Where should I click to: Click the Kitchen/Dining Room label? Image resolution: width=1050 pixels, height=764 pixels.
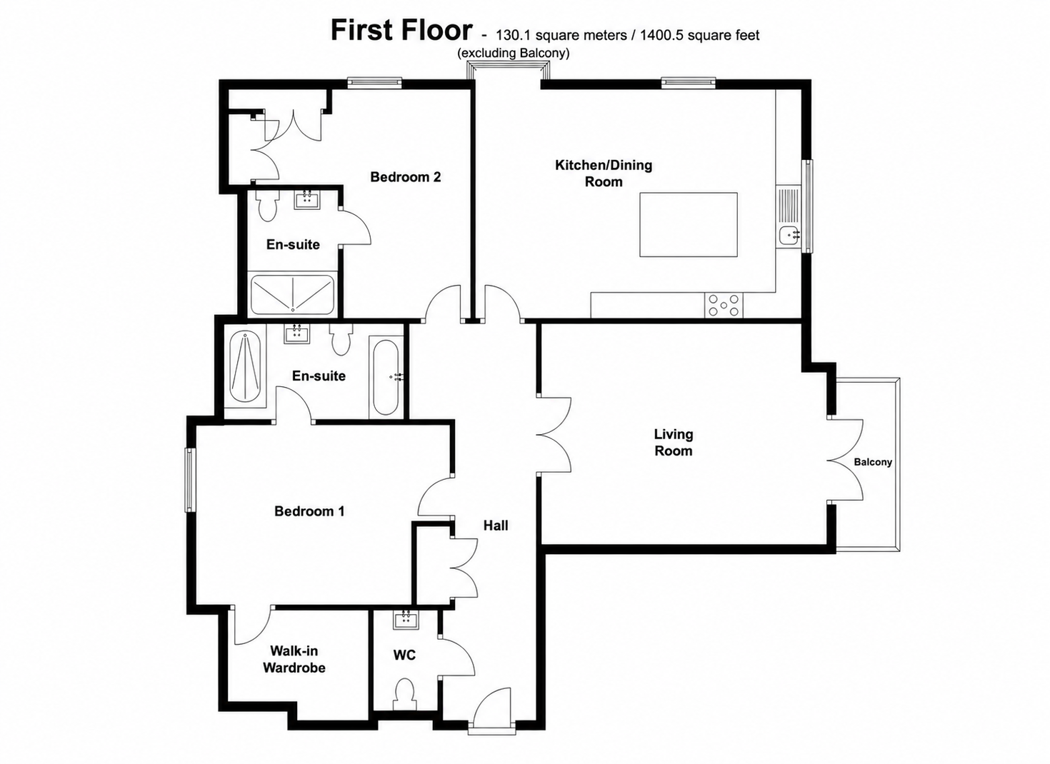604,174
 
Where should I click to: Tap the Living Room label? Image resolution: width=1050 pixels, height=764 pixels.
674,443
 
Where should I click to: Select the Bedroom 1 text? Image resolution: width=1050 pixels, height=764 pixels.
309,511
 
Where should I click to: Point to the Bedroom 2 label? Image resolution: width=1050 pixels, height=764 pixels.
406,176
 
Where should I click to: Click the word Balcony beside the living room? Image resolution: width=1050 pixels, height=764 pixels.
873,462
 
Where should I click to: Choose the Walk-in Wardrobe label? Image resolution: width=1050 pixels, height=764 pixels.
294,659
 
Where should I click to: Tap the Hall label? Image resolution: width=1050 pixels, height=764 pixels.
496,526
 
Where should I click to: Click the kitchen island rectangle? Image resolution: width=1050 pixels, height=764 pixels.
689,224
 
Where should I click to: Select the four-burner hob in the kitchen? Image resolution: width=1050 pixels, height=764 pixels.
724,305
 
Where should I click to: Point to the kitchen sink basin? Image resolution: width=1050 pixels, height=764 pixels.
790,234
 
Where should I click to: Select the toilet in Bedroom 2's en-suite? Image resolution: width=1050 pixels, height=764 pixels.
268,206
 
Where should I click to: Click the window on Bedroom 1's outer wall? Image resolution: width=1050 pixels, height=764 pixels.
189,480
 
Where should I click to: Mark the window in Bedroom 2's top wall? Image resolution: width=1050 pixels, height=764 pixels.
374,83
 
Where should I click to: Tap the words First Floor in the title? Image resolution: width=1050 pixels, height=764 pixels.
401,31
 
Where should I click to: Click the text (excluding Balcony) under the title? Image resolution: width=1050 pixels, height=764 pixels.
514,54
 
